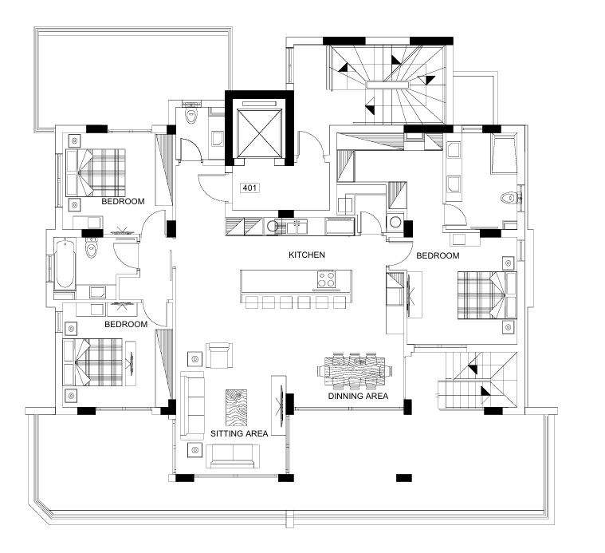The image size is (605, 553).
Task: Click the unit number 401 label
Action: (249, 188)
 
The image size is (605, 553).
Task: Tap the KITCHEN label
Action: (307, 255)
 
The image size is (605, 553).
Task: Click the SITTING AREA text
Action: (239, 433)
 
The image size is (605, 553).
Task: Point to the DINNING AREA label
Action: (358, 396)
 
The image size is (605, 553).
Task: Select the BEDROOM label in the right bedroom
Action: (438, 255)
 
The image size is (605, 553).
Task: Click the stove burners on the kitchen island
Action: (327, 279)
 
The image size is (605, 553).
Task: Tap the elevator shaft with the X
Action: (259, 133)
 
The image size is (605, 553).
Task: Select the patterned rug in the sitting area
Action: (236, 407)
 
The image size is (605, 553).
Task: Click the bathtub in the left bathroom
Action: (65, 263)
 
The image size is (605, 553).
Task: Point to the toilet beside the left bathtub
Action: (91, 248)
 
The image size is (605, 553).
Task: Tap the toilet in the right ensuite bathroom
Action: (509, 198)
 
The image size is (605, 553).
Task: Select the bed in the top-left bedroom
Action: (96, 172)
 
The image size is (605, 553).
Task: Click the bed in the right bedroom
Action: (487, 295)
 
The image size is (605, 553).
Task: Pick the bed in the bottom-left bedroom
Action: (92, 362)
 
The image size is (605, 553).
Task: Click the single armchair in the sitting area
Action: (219, 355)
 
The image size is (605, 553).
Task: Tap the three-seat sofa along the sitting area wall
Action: (192, 405)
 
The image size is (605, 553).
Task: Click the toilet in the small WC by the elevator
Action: (191, 115)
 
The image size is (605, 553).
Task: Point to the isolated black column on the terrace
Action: (404, 478)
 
